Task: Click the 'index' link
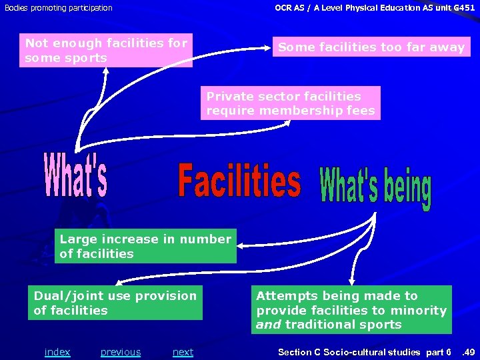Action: click(x=57, y=352)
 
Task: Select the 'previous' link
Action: click(x=121, y=352)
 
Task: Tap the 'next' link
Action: click(x=183, y=352)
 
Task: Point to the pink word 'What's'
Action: click(x=75, y=176)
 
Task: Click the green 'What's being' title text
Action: click(x=376, y=189)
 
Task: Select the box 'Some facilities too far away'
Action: click(x=371, y=47)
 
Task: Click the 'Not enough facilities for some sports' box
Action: click(x=107, y=51)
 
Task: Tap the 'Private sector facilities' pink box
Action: click(x=291, y=103)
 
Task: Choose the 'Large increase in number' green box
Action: click(x=145, y=246)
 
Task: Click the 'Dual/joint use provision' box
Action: click(x=115, y=303)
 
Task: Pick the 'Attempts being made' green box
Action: click(x=351, y=310)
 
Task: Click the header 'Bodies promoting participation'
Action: click(x=59, y=8)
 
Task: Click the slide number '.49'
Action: click(x=468, y=352)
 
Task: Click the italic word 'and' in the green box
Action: click(x=269, y=325)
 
